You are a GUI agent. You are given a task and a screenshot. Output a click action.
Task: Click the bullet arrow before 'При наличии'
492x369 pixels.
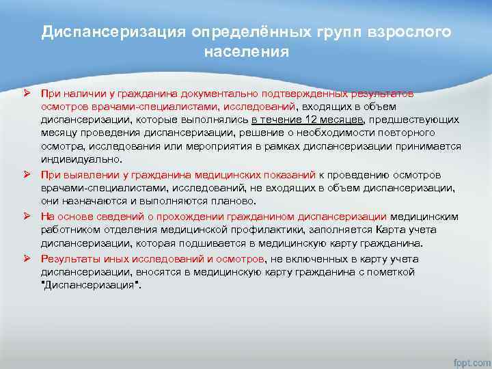pyautogui.click(x=27, y=93)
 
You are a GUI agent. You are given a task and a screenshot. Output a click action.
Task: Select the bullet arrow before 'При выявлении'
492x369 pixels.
pyautogui.click(x=27, y=175)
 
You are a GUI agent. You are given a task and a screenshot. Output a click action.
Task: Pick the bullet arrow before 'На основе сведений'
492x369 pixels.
pyautogui.click(x=27, y=217)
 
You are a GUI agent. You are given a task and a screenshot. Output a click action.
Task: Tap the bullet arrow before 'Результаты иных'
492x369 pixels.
pyautogui.click(x=27, y=259)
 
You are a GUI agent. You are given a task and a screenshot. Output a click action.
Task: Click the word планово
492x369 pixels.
pyautogui.click(x=215, y=202)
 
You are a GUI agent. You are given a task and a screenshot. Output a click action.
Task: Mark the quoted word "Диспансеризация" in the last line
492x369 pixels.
pyautogui.click(x=90, y=286)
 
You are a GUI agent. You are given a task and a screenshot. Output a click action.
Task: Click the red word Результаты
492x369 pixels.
pyautogui.click(x=67, y=259)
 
